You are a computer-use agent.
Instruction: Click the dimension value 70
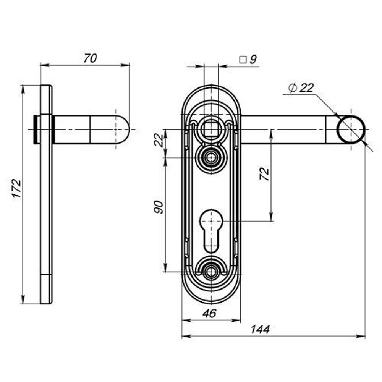tap(90, 58)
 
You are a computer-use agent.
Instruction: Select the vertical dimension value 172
tap(16, 188)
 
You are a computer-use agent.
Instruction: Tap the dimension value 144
tap(261, 329)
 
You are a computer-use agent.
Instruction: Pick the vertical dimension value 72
tap(264, 174)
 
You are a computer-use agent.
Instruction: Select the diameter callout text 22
tap(306, 88)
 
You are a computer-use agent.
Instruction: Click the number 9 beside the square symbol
tap(253, 59)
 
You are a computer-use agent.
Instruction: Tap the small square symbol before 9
tap(242, 60)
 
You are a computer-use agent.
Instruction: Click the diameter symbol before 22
tap(292, 88)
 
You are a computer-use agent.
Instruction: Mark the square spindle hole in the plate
tap(211, 128)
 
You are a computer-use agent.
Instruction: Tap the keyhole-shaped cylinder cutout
tap(210, 229)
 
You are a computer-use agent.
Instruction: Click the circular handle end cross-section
tap(351, 129)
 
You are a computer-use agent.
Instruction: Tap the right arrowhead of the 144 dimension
tap(362, 337)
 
